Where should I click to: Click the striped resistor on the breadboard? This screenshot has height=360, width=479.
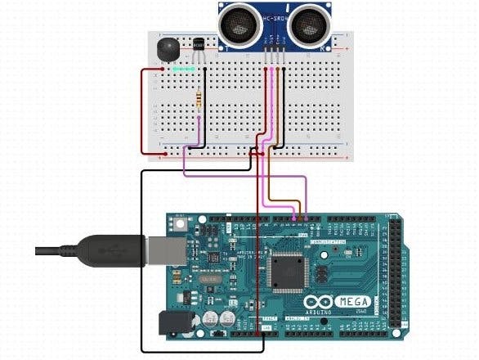(x=199, y=100)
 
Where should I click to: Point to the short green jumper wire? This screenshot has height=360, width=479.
(x=181, y=70)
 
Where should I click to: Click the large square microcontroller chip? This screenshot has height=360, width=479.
(x=286, y=274)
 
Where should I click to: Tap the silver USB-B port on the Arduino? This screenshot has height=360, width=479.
(x=162, y=250)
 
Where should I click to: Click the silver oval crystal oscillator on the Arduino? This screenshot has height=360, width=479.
(x=208, y=280)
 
